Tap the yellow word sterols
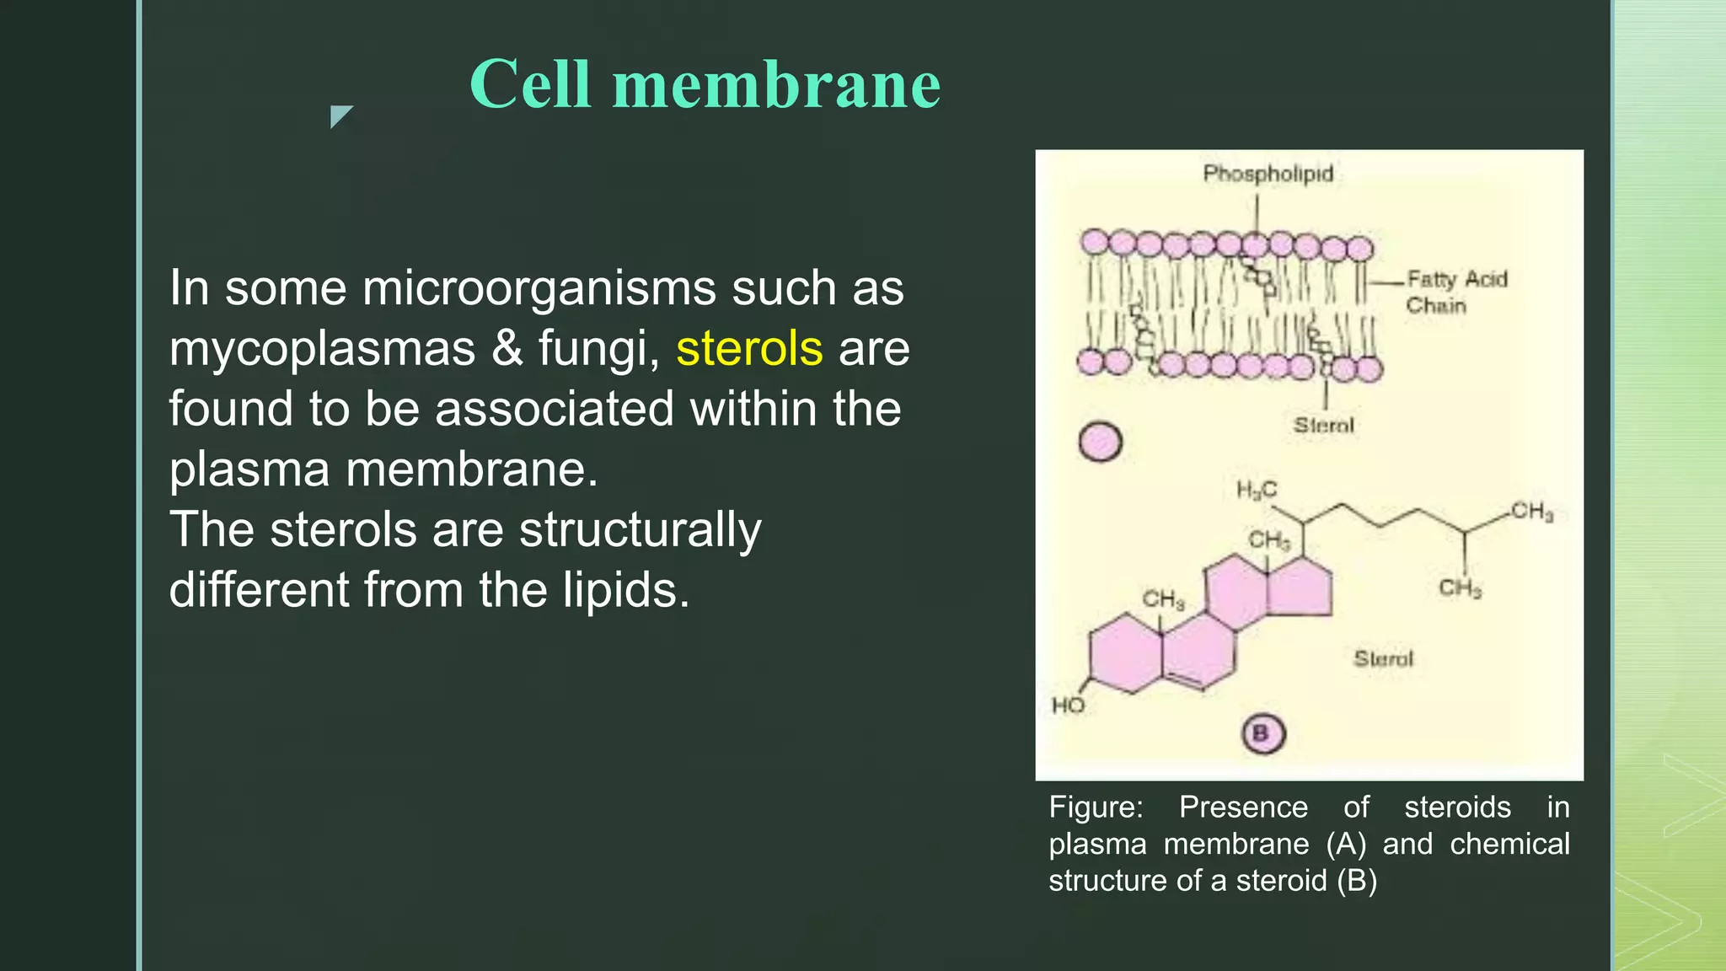click(x=749, y=348)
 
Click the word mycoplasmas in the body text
click(x=322, y=350)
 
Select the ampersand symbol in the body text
click(x=507, y=348)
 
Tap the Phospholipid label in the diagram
click(x=1268, y=174)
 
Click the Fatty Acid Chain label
click(x=1456, y=292)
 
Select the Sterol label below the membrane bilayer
click(x=1324, y=426)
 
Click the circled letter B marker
click(x=1262, y=733)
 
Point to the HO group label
click(x=1068, y=705)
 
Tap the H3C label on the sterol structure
click(x=1256, y=490)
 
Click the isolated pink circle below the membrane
click(x=1101, y=442)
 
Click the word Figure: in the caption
click(x=1096, y=807)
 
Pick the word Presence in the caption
click(x=1243, y=807)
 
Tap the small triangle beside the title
click(x=340, y=115)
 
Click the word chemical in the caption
click(x=1509, y=844)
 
